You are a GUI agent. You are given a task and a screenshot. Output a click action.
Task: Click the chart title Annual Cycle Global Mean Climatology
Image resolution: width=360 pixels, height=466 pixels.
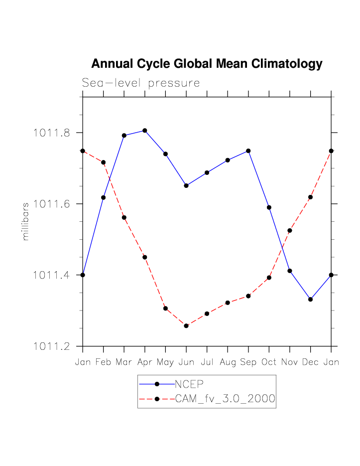[207, 64]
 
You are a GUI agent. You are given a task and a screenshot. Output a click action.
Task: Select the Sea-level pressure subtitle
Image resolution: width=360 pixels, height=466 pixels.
[141, 83]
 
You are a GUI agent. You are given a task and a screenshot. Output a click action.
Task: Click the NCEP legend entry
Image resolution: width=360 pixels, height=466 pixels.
[190, 384]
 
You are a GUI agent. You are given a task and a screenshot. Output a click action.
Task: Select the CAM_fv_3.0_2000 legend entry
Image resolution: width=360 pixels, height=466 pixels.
[225, 399]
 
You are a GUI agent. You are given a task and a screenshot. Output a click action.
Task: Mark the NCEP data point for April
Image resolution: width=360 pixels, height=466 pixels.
[145, 131]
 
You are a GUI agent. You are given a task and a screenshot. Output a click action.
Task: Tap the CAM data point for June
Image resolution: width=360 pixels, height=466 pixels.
[186, 326]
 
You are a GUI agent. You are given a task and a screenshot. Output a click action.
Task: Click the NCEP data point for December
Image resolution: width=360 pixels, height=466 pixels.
[311, 299]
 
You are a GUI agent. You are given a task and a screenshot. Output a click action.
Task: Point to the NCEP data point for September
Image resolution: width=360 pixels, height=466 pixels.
[248, 151]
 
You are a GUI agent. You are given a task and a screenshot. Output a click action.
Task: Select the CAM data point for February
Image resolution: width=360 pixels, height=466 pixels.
[104, 162]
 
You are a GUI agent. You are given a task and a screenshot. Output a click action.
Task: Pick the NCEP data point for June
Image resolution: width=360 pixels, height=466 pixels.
[186, 185]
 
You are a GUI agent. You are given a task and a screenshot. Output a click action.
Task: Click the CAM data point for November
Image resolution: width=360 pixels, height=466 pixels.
[290, 230]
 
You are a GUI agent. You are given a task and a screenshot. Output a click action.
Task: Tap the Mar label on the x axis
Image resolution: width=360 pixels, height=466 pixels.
[124, 362]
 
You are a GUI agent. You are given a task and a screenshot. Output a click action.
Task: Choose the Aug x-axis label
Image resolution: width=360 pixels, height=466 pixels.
[228, 362]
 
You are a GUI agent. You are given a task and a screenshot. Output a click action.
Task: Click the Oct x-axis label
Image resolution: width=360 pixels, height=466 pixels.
[269, 362]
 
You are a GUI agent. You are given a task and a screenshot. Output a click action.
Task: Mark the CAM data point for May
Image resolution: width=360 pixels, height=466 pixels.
[165, 309]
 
